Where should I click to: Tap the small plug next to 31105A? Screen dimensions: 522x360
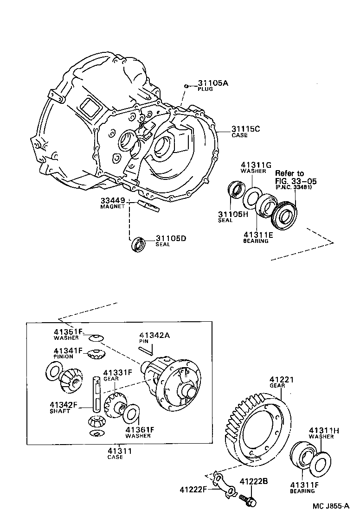pyautogui.click(x=186, y=86)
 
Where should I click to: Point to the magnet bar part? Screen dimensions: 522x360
pyautogui.click(x=149, y=205)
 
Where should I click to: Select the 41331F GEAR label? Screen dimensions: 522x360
pyautogui.click(x=118, y=375)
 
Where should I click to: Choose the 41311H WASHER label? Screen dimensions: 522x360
pyautogui.click(x=324, y=433)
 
